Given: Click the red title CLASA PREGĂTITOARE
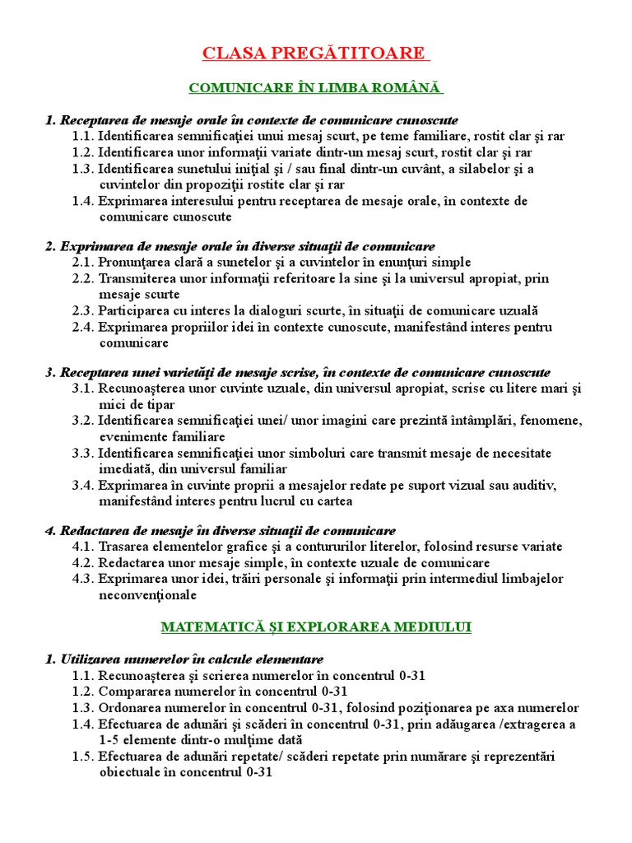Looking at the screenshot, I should point(315,54).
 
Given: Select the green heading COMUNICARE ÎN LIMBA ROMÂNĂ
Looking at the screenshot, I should point(316,87).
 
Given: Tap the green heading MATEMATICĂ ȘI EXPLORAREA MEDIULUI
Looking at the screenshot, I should point(316,627).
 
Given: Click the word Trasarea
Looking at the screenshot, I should point(123,547).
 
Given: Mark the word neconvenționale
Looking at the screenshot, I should point(147,594).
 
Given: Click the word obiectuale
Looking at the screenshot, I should point(129,772).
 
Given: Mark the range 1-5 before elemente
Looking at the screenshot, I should point(109,740).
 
